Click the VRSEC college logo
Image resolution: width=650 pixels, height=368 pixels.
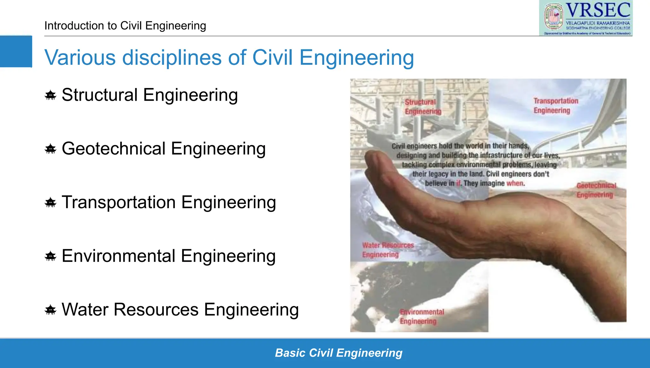click(x=586, y=18)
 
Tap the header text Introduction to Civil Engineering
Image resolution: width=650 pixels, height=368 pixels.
click(x=125, y=26)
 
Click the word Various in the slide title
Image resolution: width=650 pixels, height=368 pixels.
click(x=80, y=58)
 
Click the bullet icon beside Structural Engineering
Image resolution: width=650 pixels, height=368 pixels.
click(x=50, y=95)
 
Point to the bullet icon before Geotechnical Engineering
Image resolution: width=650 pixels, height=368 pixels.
click(x=50, y=149)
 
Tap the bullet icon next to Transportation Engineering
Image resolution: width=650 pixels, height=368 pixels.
click(x=50, y=202)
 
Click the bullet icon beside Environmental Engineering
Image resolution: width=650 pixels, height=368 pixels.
click(x=50, y=256)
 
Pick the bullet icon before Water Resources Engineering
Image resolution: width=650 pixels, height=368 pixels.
click(x=50, y=310)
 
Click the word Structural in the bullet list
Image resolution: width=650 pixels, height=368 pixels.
click(x=100, y=95)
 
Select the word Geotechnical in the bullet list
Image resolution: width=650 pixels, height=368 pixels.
click(x=114, y=149)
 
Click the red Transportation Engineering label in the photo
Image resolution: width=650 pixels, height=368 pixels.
click(x=555, y=106)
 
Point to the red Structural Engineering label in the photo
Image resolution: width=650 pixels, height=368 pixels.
click(x=423, y=107)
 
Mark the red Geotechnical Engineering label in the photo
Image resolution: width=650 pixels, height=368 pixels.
click(x=596, y=190)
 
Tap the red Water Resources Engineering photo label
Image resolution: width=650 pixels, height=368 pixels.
click(x=388, y=250)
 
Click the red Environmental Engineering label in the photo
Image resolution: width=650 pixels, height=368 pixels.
click(x=421, y=317)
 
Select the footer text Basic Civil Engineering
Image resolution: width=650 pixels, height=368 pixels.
click(x=339, y=353)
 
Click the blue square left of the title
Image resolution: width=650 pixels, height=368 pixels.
click(x=16, y=51)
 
